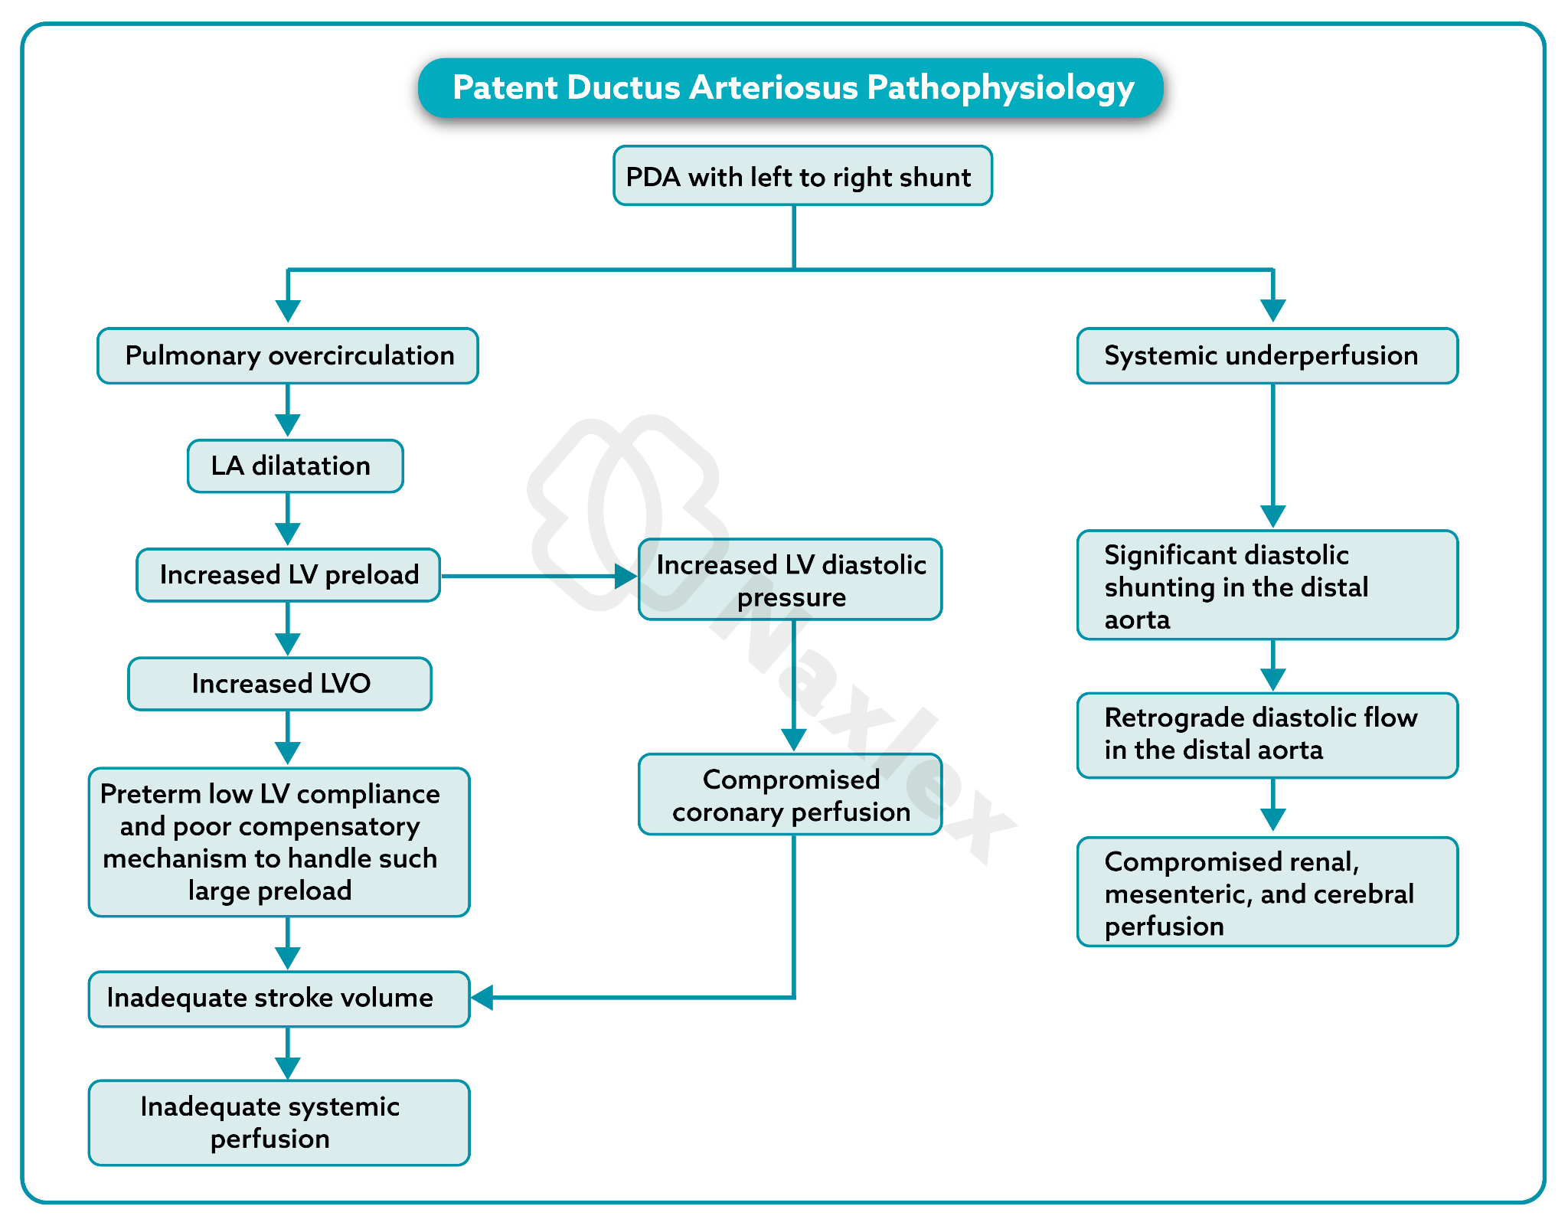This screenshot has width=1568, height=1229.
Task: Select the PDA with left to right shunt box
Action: point(802,176)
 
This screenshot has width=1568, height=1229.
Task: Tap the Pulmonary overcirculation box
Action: point(288,356)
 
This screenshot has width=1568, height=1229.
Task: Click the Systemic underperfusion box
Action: point(1267,356)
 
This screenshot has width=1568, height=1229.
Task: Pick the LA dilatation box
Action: point(295,466)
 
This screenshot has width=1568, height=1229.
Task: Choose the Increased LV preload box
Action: point(288,575)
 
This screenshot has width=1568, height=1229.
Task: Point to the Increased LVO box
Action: point(279,684)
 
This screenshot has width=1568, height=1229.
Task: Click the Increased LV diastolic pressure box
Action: point(790,580)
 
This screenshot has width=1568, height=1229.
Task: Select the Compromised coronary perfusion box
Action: point(790,795)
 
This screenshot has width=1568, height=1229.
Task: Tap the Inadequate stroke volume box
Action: point(279,999)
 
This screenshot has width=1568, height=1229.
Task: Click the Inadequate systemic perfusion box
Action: point(279,1123)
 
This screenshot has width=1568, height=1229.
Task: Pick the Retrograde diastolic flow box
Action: point(1267,735)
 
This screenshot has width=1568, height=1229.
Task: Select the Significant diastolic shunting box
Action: point(1267,585)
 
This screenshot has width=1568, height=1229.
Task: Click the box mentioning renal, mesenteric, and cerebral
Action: point(1267,892)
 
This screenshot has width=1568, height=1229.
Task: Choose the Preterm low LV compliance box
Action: point(279,842)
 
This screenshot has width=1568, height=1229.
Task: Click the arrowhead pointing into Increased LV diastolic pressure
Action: point(626,577)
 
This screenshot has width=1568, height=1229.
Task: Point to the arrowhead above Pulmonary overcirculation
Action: point(288,311)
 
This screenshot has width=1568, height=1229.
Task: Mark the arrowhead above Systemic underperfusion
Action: point(1272,311)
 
